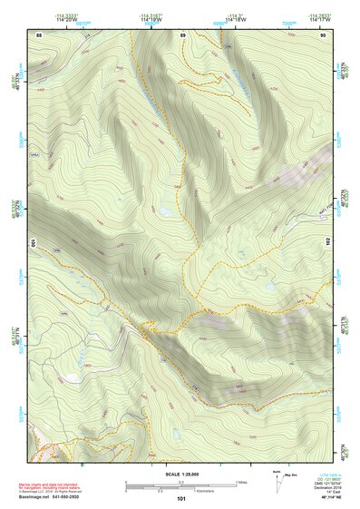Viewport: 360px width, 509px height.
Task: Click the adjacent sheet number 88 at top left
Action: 39,34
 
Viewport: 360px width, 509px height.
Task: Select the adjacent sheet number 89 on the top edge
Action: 182,34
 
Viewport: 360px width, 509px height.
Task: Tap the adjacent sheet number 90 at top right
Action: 323,34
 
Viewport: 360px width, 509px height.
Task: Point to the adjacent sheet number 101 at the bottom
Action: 181,498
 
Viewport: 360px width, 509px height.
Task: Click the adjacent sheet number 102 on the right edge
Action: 329,242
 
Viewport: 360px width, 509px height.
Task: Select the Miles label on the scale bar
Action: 241,481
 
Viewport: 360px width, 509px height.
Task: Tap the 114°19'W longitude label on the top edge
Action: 151,19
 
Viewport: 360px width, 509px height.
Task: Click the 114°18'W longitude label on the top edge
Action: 235,19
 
